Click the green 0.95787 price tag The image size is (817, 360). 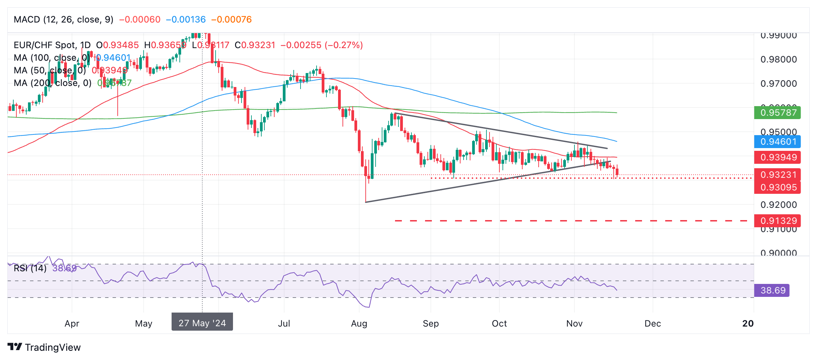pyautogui.click(x=777, y=113)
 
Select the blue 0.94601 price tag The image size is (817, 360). pyautogui.click(x=777, y=142)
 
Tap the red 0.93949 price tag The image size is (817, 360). pyautogui.click(x=777, y=157)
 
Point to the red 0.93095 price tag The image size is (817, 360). pyautogui.click(x=777, y=187)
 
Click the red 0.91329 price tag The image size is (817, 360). pyautogui.click(x=777, y=221)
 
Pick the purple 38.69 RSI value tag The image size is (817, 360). pyautogui.click(x=772, y=290)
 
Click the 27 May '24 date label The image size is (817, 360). pyautogui.click(x=202, y=323)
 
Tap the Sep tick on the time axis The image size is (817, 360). pyautogui.click(x=431, y=323)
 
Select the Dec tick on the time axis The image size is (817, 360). pyautogui.click(x=653, y=323)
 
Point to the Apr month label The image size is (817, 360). pyautogui.click(x=72, y=323)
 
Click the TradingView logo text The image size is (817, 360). pyautogui.click(x=53, y=347)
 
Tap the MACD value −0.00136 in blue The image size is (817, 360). pyautogui.click(x=186, y=19)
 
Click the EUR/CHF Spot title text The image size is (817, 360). pyautogui.click(x=44, y=45)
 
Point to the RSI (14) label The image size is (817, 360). pyautogui.click(x=30, y=268)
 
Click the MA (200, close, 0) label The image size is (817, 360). pyautogui.click(x=53, y=83)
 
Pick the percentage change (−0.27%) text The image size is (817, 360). pyautogui.click(x=344, y=45)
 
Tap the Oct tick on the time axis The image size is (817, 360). pyautogui.click(x=499, y=323)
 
